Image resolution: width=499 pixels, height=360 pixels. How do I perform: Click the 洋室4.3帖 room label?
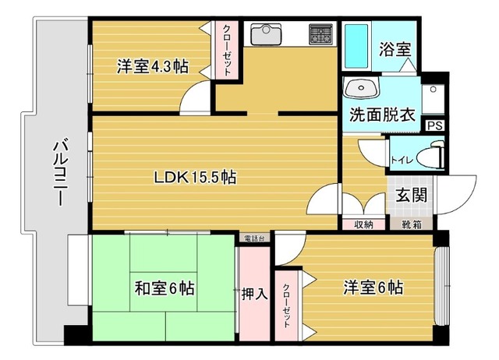click(x=153, y=67)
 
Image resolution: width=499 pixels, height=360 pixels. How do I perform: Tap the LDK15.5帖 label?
click(x=194, y=177)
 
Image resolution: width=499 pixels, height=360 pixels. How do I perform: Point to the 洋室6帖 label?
click(x=373, y=288)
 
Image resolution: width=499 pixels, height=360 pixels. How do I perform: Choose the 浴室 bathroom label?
click(x=395, y=49)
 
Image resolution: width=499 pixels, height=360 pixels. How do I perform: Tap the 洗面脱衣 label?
click(x=381, y=115)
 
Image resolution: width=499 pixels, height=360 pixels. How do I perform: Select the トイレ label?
click(x=402, y=160)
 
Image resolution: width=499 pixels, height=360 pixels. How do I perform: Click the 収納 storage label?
click(x=364, y=225)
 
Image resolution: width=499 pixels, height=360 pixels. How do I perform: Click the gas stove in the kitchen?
click(x=320, y=34)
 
